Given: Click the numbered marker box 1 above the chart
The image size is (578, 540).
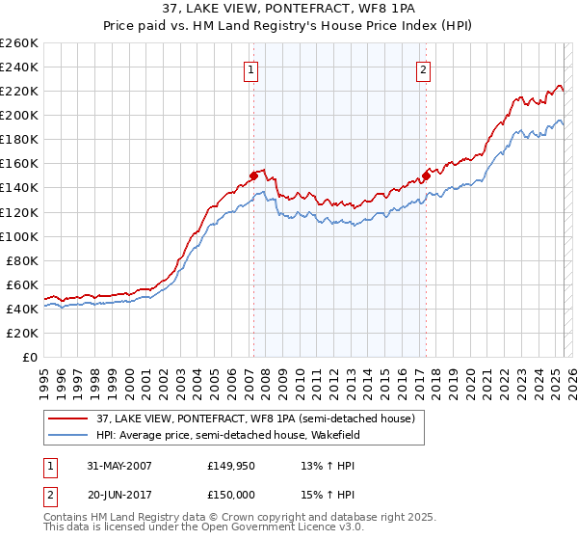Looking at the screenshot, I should (x=250, y=69).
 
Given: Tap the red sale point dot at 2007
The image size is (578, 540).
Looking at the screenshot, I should (x=254, y=175).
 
